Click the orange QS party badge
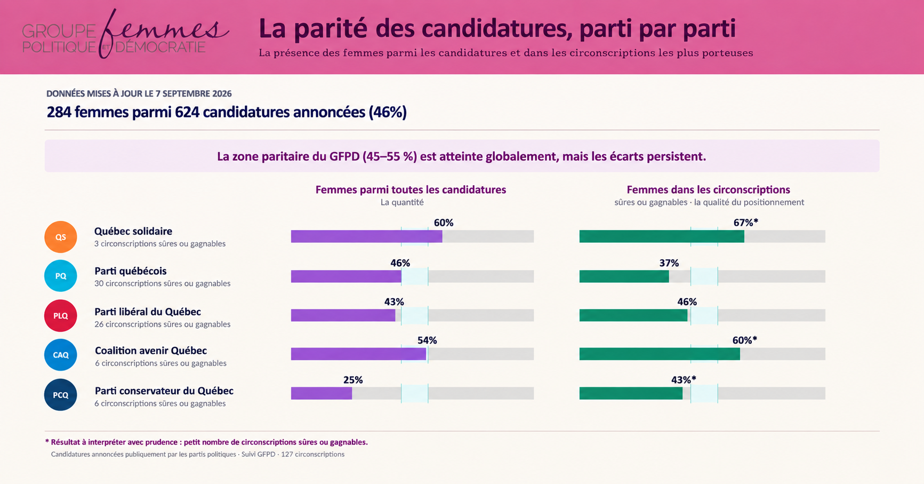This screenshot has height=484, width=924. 61,237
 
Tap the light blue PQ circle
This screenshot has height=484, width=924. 61,276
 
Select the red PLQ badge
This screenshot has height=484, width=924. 61,316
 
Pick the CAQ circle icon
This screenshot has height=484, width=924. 61,355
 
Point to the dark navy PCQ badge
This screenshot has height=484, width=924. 61,395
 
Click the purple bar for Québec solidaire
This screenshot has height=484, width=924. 366,236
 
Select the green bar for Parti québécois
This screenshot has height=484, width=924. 624,276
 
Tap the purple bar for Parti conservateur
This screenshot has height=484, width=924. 322,393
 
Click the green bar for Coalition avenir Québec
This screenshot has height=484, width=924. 660,354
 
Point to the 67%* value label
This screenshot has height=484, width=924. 745,223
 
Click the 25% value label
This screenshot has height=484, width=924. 353,380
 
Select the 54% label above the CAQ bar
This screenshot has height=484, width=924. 427,340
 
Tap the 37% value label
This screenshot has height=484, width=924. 669,263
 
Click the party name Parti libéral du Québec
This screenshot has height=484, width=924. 148,312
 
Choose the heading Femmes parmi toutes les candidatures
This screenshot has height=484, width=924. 411,189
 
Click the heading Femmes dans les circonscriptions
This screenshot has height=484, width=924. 708,189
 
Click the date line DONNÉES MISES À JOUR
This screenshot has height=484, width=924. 139,93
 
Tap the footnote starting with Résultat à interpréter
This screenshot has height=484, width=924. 206,442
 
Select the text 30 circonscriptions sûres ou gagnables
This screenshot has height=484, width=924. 163,283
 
